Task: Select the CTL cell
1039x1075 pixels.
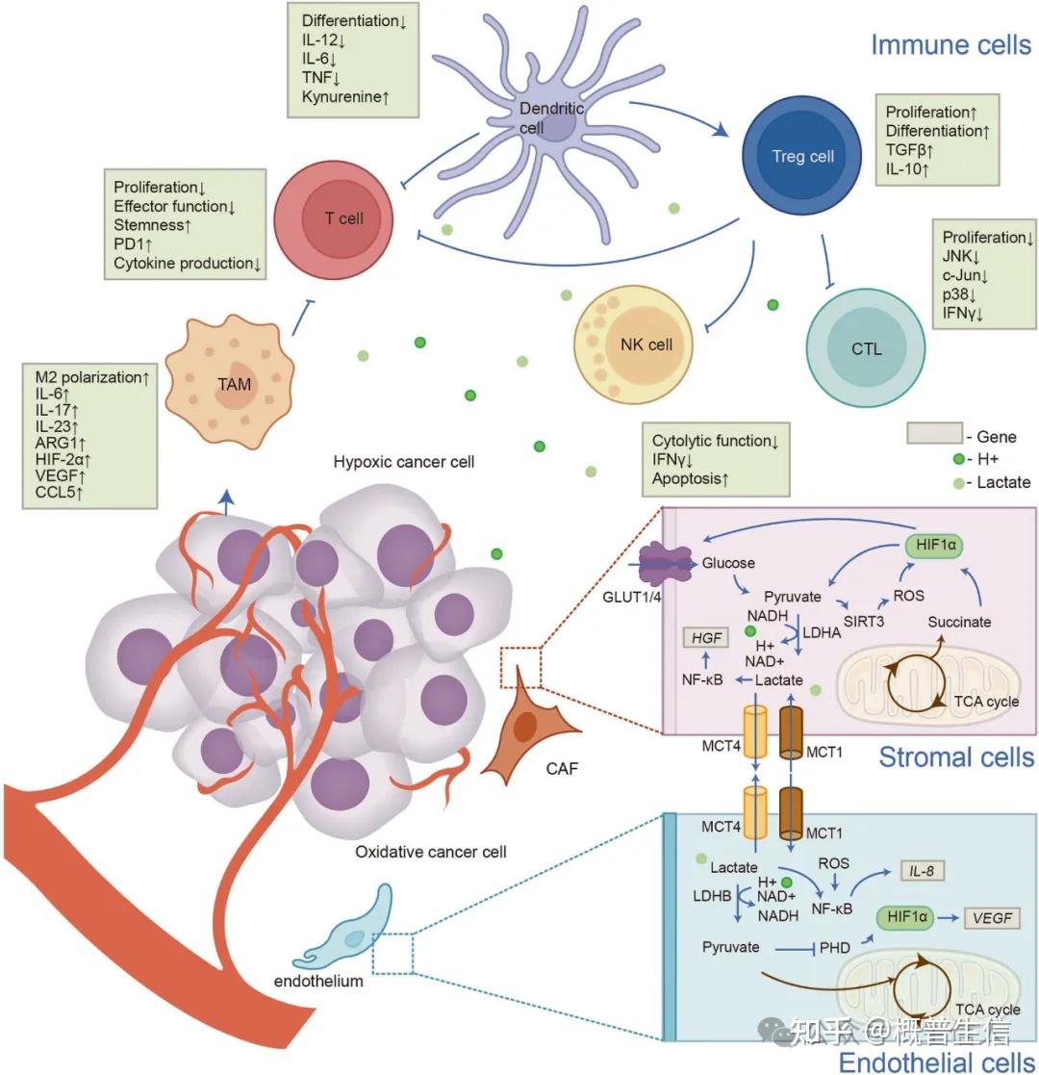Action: tap(865, 347)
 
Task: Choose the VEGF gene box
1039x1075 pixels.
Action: tap(992, 917)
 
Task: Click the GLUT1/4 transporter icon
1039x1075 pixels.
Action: tap(667, 563)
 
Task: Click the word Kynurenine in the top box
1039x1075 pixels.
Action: tap(343, 96)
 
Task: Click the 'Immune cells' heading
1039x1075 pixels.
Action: tap(950, 44)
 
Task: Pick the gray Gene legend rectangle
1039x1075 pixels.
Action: tap(934, 433)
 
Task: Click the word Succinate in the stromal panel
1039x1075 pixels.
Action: tap(959, 622)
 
